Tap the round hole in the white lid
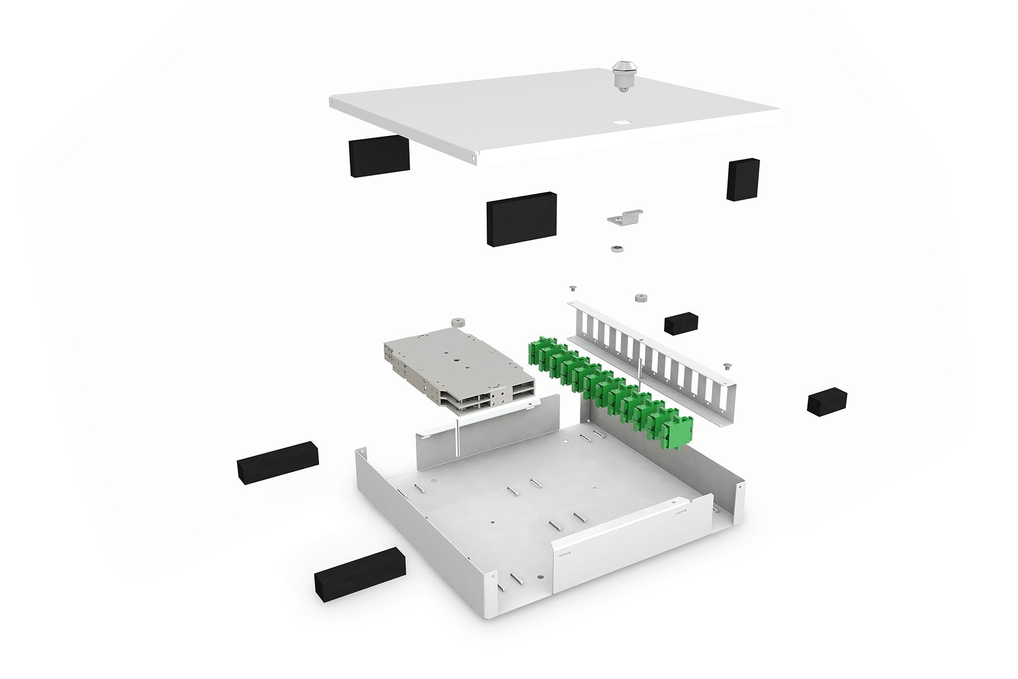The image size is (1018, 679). (622, 122)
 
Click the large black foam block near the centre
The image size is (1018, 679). (521, 220)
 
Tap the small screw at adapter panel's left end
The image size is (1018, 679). (572, 289)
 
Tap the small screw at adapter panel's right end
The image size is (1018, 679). (726, 365)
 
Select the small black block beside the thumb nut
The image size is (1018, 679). (681, 323)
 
